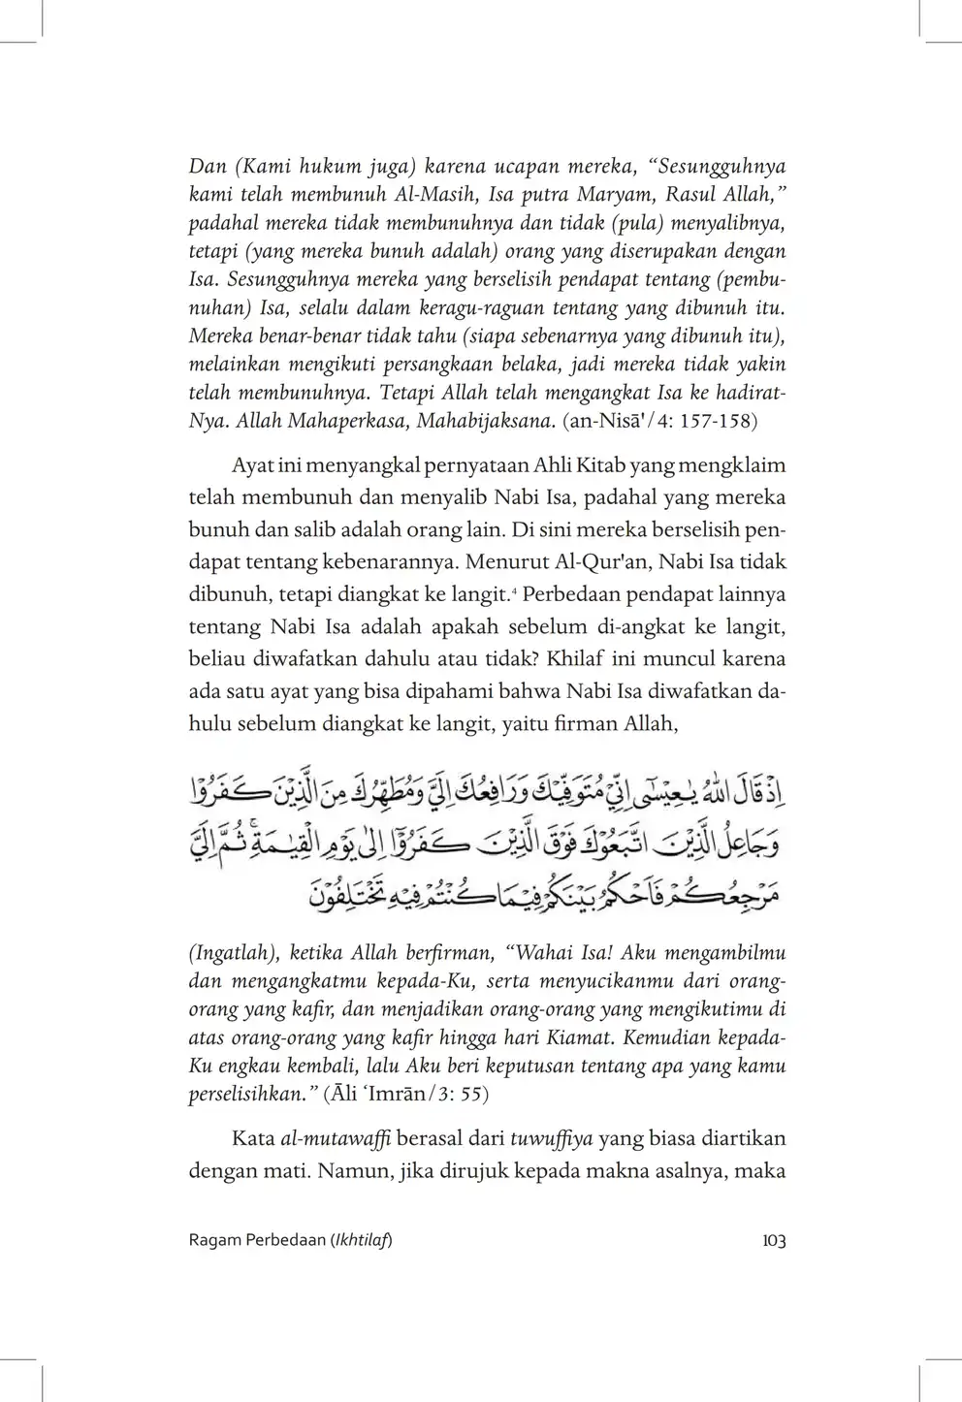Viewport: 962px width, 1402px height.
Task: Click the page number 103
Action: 773,1241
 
